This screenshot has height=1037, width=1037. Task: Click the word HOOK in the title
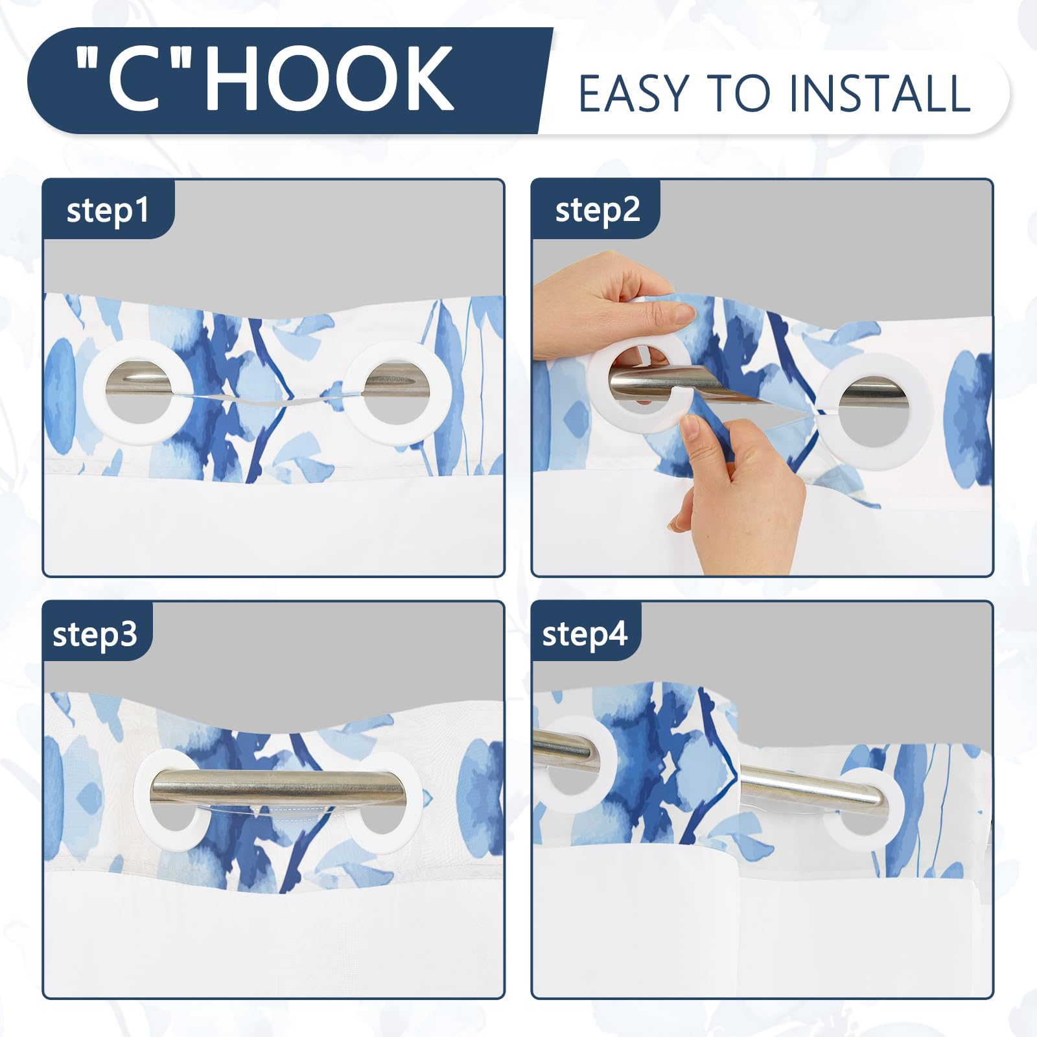329,79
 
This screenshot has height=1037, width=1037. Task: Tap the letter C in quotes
134,79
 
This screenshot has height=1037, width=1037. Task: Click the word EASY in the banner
633,94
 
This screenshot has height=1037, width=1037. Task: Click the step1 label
108,211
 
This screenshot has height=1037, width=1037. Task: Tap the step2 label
598,210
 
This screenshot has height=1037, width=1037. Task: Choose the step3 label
95,635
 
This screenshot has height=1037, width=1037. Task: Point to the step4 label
585,634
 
